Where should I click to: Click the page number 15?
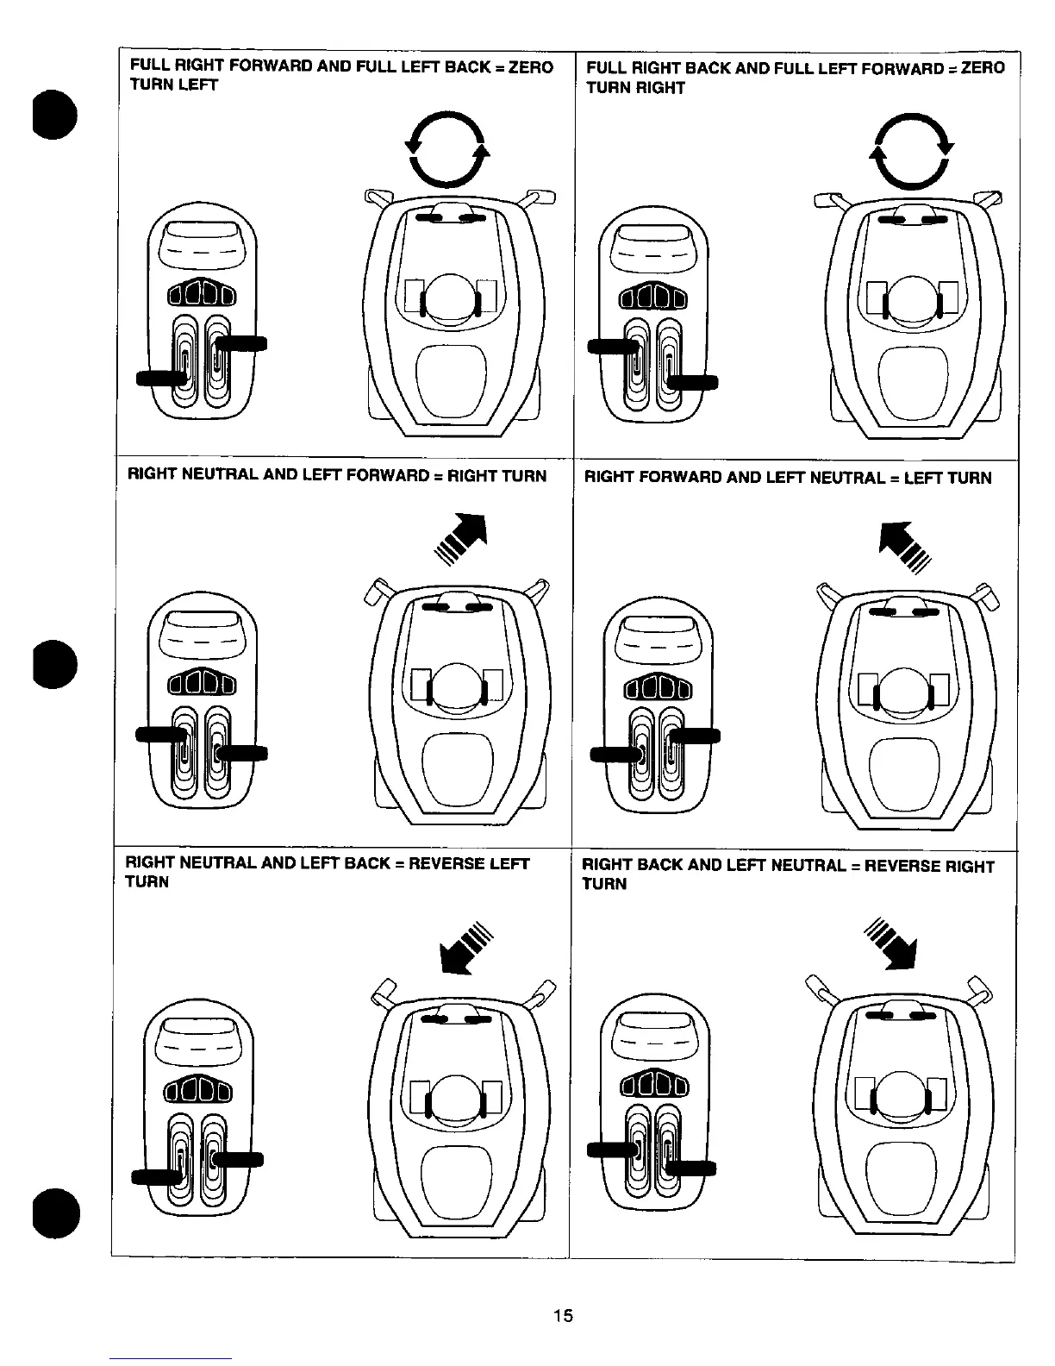click(563, 1315)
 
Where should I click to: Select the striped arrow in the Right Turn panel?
click(462, 540)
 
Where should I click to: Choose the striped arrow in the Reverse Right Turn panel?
click(892, 943)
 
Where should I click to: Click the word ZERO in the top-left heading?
click(531, 67)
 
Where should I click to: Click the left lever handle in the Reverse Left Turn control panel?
click(156, 1177)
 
